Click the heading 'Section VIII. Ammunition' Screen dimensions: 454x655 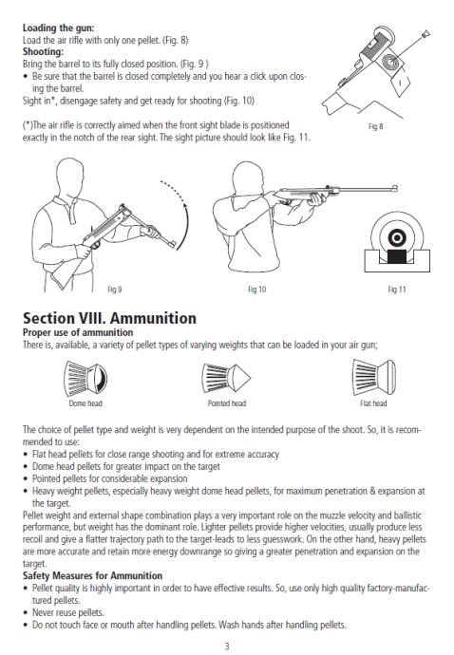(x=109, y=318)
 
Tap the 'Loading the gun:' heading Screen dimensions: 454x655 (x=58, y=28)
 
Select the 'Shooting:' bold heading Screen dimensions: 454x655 (x=43, y=52)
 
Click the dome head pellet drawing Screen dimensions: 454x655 (x=85, y=379)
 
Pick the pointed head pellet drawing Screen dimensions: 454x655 (x=226, y=378)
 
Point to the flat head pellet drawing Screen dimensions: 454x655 (x=373, y=377)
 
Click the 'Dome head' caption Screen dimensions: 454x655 (x=85, y=403)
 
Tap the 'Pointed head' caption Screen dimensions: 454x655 (x=227, y=403)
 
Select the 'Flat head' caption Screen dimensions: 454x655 (x=373, y=403)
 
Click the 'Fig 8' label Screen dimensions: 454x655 (x=375, y=126)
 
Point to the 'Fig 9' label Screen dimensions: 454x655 (x=115, y=290)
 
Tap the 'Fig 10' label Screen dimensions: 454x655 (x=256, y=290)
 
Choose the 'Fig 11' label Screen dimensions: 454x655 (x=397, y=290)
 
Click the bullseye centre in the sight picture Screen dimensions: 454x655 (x=397, y=238)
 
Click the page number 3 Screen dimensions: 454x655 (x=227, y=646)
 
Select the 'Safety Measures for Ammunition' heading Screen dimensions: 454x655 (x=92, y=575)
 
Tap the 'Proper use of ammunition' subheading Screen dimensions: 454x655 (x=78, y=332)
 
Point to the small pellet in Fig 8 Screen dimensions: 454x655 (x=426, y=34)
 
